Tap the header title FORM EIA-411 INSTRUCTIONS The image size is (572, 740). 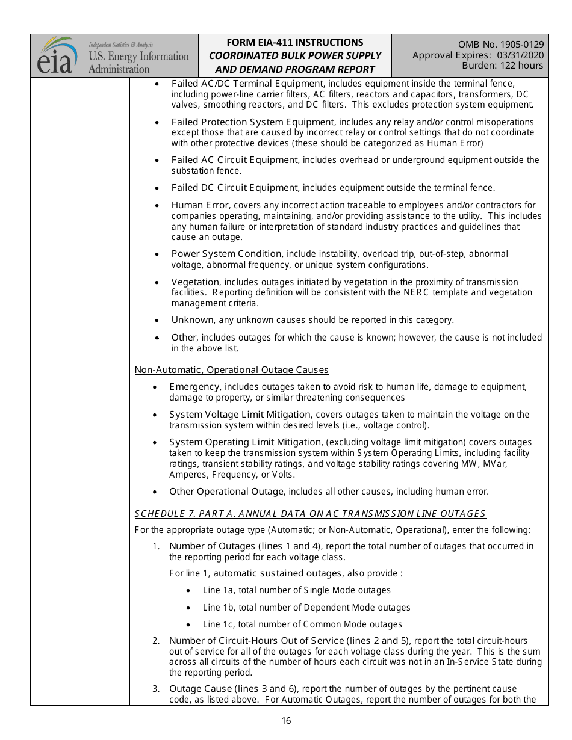(294, 42)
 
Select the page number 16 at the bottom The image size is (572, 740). (286, 721)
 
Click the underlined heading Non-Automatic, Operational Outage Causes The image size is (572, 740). (232, 370)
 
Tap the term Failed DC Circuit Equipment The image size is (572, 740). (234, 188)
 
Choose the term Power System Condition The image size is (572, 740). (226, 254)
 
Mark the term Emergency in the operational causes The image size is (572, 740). (194, 387)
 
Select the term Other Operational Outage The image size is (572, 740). (226, 492)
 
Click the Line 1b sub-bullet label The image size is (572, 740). (219, 608)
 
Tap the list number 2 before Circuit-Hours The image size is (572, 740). (156, 641)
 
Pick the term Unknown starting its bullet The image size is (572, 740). (192, 320)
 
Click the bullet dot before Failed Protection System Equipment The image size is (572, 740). (157, 122)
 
